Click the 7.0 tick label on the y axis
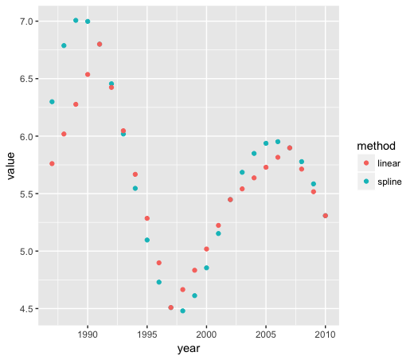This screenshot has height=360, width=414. point(24,22)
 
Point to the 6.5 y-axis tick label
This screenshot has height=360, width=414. point(24,79)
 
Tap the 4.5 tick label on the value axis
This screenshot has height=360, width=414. point(24,309)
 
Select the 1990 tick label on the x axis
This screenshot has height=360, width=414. point(88,335)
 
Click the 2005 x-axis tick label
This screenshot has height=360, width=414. point(266,335)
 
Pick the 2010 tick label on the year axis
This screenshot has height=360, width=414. point(326,335)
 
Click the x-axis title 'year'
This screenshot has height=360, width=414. point(189,349)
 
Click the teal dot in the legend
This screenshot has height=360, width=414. point(366,182)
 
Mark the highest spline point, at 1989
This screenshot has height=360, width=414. point(76,21)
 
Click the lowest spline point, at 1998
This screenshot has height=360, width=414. point(183,311)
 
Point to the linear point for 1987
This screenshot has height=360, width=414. point(52,163)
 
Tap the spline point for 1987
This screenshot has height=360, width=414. point(52,102)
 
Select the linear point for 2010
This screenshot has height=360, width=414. point(326,216)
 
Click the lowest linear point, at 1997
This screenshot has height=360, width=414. point(171,307)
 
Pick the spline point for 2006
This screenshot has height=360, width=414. point(278,142)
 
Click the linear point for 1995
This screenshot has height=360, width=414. point(147,218)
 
